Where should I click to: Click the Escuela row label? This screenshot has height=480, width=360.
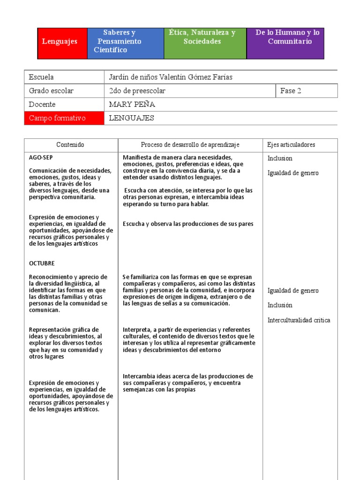point(41,77)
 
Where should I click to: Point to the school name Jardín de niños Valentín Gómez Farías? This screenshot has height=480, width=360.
point(171,77)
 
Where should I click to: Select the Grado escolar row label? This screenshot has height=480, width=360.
point(51,91)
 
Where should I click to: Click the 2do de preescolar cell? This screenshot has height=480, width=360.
point(137,91)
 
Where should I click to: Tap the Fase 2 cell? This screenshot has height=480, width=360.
point(291,91)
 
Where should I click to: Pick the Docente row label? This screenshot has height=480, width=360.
point(42,105)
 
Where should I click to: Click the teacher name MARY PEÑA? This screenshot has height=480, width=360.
point(132,105)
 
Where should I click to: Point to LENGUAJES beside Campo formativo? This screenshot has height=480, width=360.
point(131,118)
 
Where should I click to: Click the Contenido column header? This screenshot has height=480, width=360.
point(70,145)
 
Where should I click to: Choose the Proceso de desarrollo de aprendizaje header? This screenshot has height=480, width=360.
point(190,145)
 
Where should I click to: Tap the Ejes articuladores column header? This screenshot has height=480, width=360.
point(291,145)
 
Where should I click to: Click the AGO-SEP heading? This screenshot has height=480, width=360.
point(41,158)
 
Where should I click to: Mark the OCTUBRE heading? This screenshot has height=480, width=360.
point(42,263)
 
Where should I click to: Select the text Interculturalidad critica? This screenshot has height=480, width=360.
point(299,321)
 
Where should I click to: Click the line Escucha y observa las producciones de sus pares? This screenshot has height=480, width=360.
point(188,224)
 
